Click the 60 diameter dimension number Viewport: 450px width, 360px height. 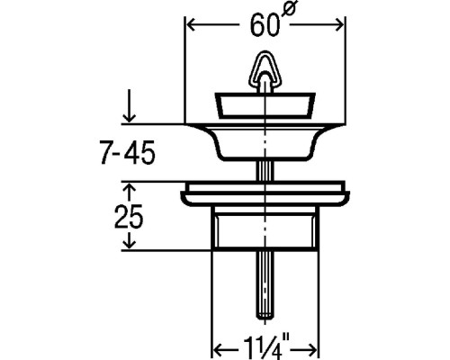[x=265, y=26]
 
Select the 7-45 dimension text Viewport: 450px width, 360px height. [x=128, y=152]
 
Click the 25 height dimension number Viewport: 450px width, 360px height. [x=129, y=217]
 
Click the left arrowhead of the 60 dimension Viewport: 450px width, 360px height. [x=192, y=24]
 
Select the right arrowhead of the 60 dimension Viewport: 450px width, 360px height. [x=338, y=24]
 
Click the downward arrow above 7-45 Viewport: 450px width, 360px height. [x=130, y=105]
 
